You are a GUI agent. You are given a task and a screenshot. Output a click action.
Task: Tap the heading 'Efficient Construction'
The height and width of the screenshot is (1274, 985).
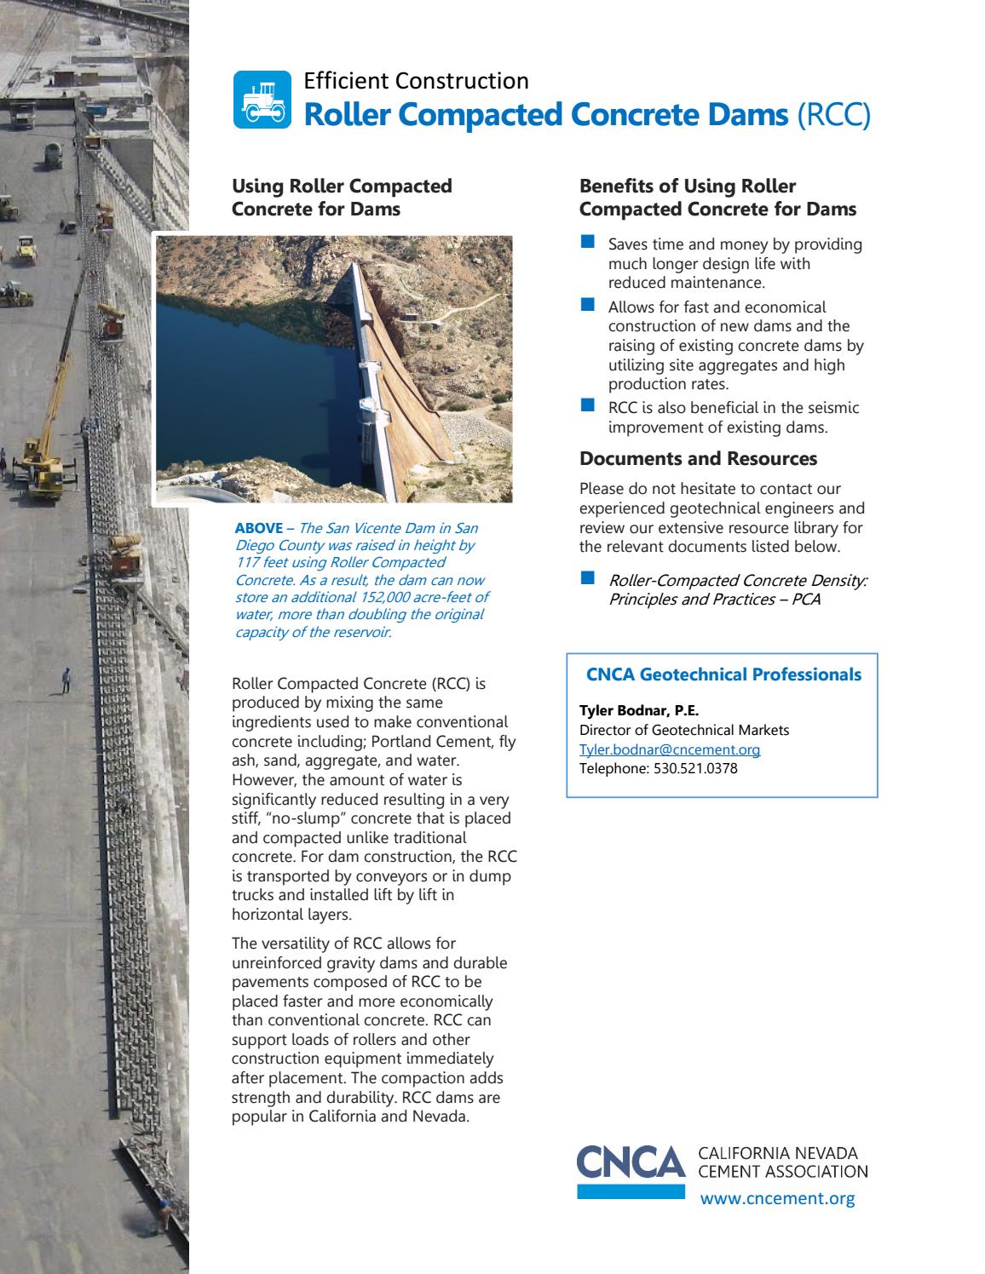pos(416,81)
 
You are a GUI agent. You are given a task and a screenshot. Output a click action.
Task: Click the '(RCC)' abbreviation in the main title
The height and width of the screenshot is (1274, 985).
pos(833,115)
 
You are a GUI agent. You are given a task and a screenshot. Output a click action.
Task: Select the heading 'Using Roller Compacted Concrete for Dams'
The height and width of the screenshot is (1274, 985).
pos(342,198)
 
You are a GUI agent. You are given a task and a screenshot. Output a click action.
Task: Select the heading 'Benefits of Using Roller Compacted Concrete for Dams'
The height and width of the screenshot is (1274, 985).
pos(717,198)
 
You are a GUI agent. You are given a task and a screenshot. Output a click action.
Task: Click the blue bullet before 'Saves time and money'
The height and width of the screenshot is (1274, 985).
pos(586,244)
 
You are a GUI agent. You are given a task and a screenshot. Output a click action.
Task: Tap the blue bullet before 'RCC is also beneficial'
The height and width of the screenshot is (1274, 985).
pos(586,406)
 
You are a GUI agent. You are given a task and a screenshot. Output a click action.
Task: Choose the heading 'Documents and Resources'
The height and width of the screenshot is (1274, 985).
pos(698,459)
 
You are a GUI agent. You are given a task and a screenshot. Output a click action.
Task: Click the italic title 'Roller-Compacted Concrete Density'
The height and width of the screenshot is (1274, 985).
pos(738,581)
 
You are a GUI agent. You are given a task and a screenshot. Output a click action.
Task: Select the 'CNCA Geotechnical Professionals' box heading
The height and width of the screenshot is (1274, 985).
pos(723,674)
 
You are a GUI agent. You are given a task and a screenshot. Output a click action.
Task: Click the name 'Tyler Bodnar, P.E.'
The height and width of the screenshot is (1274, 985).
pos(639,711)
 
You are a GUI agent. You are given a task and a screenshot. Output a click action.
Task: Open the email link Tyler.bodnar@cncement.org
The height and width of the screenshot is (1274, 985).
pos(670,749)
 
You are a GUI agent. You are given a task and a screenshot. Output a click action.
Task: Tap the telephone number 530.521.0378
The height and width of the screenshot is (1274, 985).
pos(695,769)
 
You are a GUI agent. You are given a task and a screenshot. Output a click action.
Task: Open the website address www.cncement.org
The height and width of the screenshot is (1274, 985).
pos(776,1199)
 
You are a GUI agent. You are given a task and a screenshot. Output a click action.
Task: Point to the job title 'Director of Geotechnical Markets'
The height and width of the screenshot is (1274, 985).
pos(684,730)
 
